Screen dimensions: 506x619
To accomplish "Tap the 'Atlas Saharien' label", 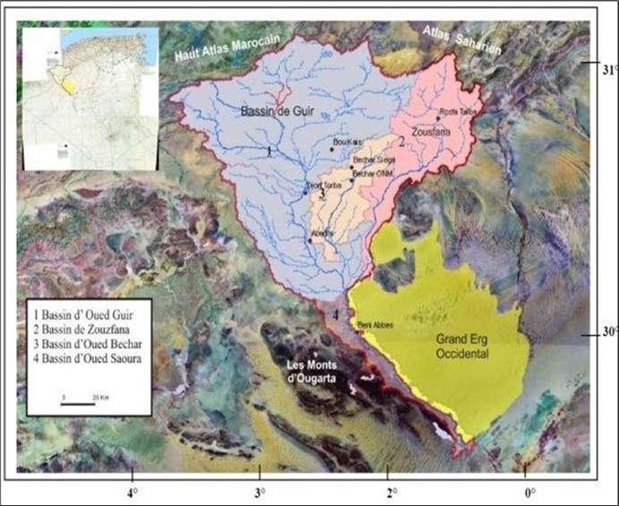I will tap(463, 40).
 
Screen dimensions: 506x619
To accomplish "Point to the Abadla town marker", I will tap(310, 241).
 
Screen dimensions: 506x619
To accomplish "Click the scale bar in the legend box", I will tap(78, 403).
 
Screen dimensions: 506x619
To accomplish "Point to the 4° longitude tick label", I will tap(133, 492).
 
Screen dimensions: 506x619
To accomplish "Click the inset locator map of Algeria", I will tap(90, 99).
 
